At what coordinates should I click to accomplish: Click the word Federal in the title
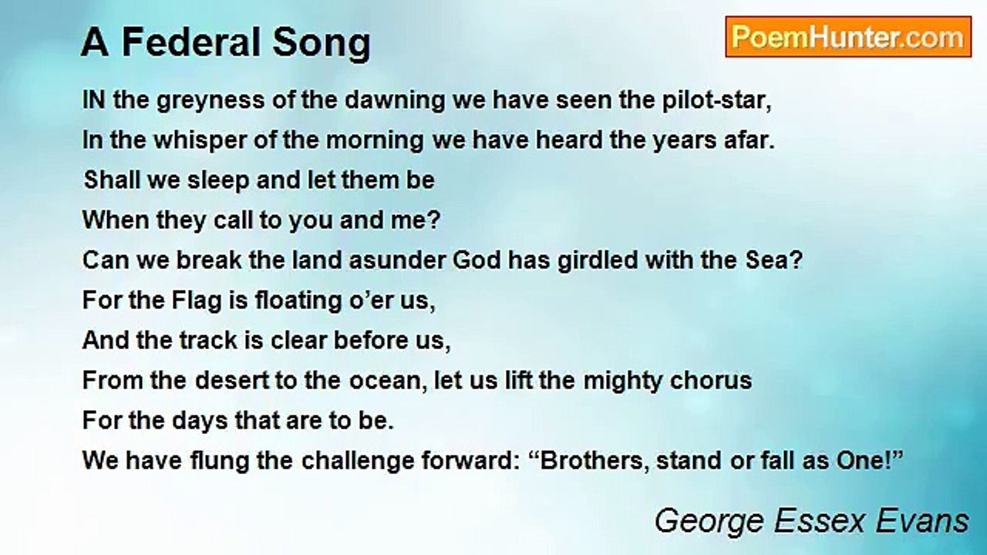point(203,43)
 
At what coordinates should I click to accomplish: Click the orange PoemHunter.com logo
point(848,37)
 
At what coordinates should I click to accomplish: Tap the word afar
point(748,140)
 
